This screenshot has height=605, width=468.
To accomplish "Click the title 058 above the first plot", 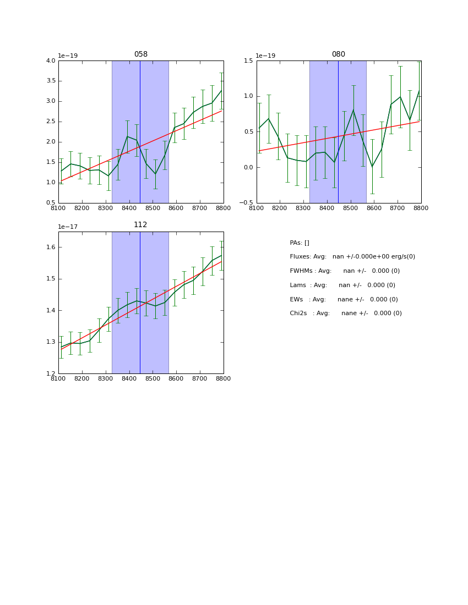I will pyautogui.click(x=140, y=54).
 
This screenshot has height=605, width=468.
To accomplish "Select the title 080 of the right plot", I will pyautogui.click(x=338, y=54).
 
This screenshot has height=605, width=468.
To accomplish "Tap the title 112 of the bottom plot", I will pyautogui.click(x=140, y=225).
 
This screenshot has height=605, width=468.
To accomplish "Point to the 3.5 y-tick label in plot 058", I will pyautogui.click(x=50, y=81).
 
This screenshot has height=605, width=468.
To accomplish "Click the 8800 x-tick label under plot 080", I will pyautogui.click(x=421, y=208).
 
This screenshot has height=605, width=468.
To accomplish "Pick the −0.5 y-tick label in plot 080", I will pyautogui.click(x=247, y=203).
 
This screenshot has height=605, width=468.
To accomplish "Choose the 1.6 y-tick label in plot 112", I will pyautogui.click(x=50, y=248).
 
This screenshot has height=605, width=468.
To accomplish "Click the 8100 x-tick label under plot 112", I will pyautogui.click(x=58, y=378).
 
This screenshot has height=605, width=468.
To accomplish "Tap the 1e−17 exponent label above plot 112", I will pyautogui.click(x=68, y=227).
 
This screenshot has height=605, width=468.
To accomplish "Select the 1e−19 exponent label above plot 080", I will pyautogui.click(x=265, y=56).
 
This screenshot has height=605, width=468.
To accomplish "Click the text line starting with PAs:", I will pyautogui.click(x=300, y=243).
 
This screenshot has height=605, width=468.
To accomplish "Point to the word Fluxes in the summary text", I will pyautogui.click(x=300, y=257).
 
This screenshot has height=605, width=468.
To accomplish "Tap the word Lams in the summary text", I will pyautogui.click(x=298, y=285).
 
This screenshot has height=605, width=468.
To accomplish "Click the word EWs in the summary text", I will pyautogui.click(x=296, y=300).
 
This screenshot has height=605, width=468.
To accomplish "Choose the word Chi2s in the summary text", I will pyautogui.click(x=299, y=313).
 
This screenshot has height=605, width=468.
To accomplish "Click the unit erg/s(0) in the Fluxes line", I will pyautogui.click(x=402, y=257).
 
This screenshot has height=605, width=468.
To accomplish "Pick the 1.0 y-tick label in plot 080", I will pyautogui.click(x=248, y=96).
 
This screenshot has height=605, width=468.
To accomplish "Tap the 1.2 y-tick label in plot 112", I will pyautogui.click(x=50, y=373).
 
